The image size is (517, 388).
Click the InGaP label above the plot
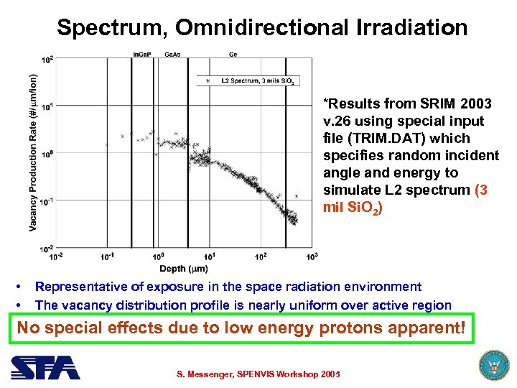coord(142,55)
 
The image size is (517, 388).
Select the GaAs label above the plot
coord(172,55)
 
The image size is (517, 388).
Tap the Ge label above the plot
coord(233,55)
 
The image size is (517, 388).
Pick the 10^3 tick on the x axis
coord(312,256)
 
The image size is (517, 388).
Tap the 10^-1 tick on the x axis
coord(108,256)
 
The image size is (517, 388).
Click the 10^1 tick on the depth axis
coord(210,256)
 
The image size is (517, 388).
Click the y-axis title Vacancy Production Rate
coord(33,154)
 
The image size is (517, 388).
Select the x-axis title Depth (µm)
coord(184,267)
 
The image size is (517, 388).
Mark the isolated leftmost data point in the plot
coord(107,145)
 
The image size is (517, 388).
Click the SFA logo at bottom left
coord(45,367)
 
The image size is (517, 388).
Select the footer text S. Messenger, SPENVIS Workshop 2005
coord(258,374)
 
